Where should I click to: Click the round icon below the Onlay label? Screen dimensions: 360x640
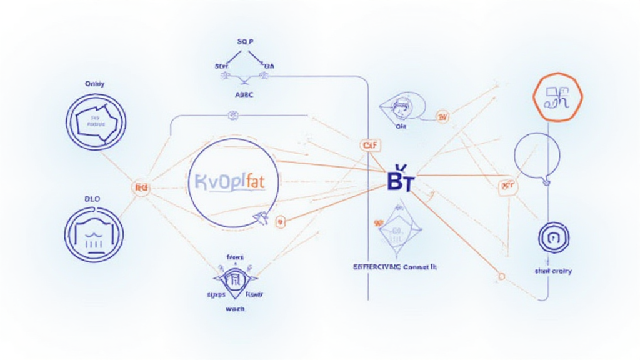(96, 121)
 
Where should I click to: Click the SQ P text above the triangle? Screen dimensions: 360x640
(244, 41)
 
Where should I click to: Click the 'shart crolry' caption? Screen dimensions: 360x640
(553, 271)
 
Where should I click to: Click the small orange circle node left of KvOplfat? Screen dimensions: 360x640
(141, 187)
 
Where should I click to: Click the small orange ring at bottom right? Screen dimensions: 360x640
(501, 276)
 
